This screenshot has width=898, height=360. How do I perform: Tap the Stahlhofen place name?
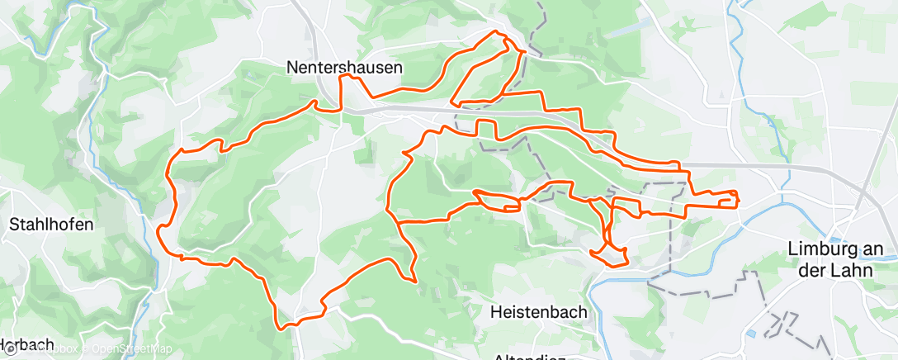coord(50,224)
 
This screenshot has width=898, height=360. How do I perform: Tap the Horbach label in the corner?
coord(26,345)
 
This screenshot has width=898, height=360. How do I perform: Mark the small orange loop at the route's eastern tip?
coord(729,198)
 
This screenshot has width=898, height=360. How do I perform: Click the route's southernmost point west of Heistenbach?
coord(284,328)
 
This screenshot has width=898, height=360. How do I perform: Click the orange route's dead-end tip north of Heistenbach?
coord(415,282)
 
